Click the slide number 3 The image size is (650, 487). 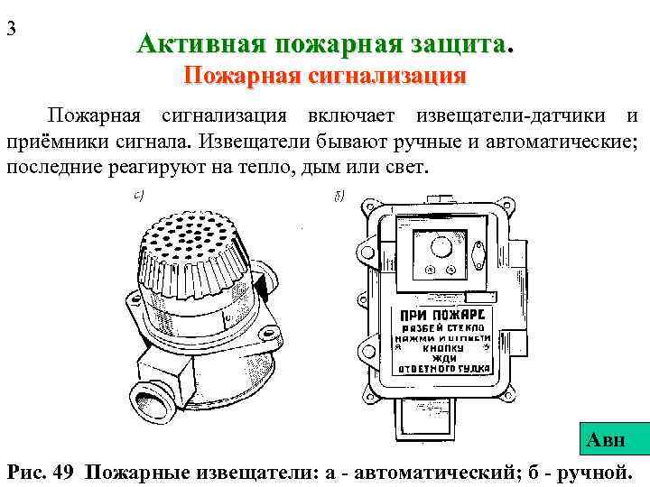12,27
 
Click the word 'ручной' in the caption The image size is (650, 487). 595,471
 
